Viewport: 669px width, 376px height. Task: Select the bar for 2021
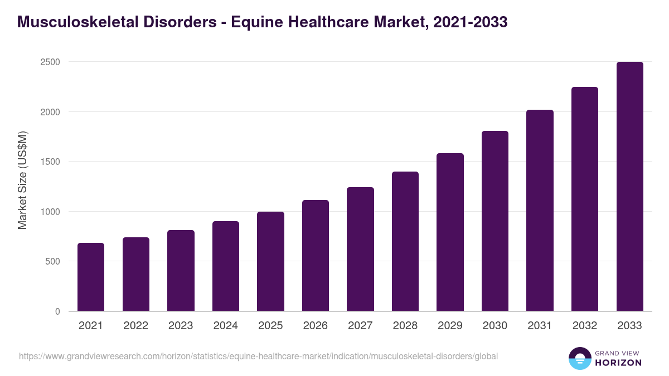pyautogui.click(x=91, y=277)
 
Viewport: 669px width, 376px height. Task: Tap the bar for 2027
pyautogui.click(x=360, y=249)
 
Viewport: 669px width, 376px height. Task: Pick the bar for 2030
pyautogui.click(x=495, y=221)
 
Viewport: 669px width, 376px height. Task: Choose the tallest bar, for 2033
pyautogui.click(x=629, y=187)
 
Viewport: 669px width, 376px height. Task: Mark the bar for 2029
pyautogui.click(x=450, y=232)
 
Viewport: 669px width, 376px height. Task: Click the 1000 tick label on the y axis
pyautogui.click(x=50, y=212)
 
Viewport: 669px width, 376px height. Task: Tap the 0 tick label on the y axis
pyautogui.click(x=57, y=311)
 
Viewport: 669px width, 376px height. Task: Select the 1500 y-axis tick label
pyautogui.click(x=50, y=162)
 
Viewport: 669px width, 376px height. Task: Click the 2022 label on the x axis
pyautogui.click(x=135, y=326)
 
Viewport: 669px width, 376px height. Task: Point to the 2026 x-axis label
pyautogui.click(x=316, y=326)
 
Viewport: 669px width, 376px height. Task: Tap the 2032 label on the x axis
pyautogui.click(x=585, y=326)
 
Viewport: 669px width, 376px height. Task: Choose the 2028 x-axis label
pyautogui.click(x=405, y=326)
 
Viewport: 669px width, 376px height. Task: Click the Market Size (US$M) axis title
pyautogui.click(x=22, y=180)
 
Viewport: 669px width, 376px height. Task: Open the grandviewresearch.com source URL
pyautogui.click(x=258, y=356)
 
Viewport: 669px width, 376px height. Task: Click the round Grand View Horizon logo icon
pyautogui.click(x=580, y=358)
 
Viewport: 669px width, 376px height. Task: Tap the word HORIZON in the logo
pyautogui.click(x=619, y=363)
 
